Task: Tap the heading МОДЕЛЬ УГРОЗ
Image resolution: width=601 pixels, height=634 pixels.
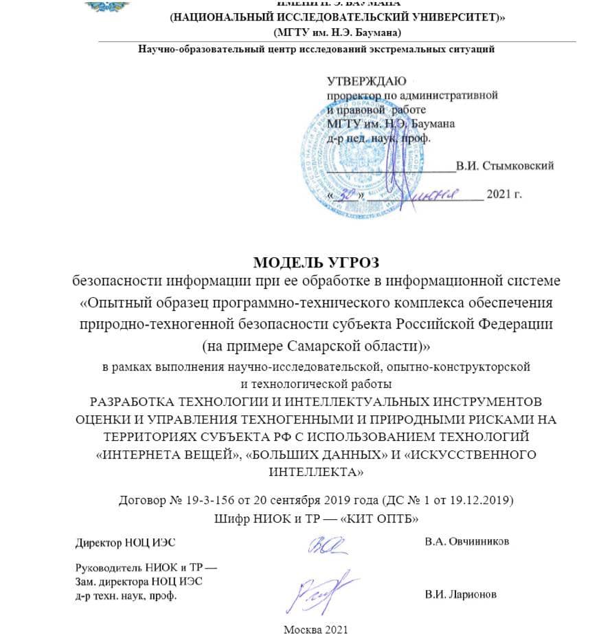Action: (316, 262)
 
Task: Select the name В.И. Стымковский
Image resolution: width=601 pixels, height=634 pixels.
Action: (505, 166)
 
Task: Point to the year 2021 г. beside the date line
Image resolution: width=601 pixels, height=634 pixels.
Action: (504, 195)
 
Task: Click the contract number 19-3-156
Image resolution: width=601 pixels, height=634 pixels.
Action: (201, 499)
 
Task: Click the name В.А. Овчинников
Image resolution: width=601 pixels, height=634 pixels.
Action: (467, 542)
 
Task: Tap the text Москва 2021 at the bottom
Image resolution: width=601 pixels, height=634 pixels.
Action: (316, 628)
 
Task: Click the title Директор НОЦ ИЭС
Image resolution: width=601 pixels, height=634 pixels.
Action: (125, 542)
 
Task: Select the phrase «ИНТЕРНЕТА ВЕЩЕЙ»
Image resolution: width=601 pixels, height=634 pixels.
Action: (154, 455)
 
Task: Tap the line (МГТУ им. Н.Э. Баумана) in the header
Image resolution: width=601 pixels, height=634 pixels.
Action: (337, 32)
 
